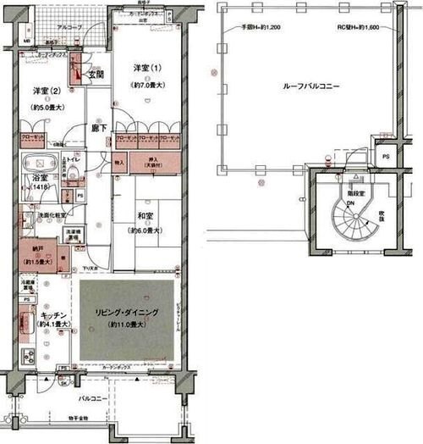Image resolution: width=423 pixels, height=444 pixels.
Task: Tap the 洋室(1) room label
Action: pos(146,68)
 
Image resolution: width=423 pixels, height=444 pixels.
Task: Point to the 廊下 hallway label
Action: pos(98,127)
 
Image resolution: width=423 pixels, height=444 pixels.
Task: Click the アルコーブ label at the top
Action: pos(69,28)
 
